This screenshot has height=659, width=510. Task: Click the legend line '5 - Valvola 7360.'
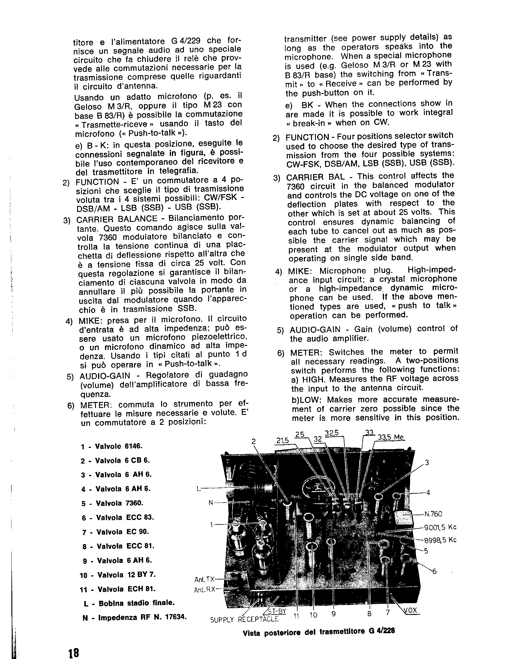[112, 503]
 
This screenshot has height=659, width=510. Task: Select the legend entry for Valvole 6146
[112, 446]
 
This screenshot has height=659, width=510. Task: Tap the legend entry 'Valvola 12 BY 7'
[118, 575]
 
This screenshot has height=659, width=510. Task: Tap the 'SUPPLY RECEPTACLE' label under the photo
[244, 619]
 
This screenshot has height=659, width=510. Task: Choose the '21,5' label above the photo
[283, 441]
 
